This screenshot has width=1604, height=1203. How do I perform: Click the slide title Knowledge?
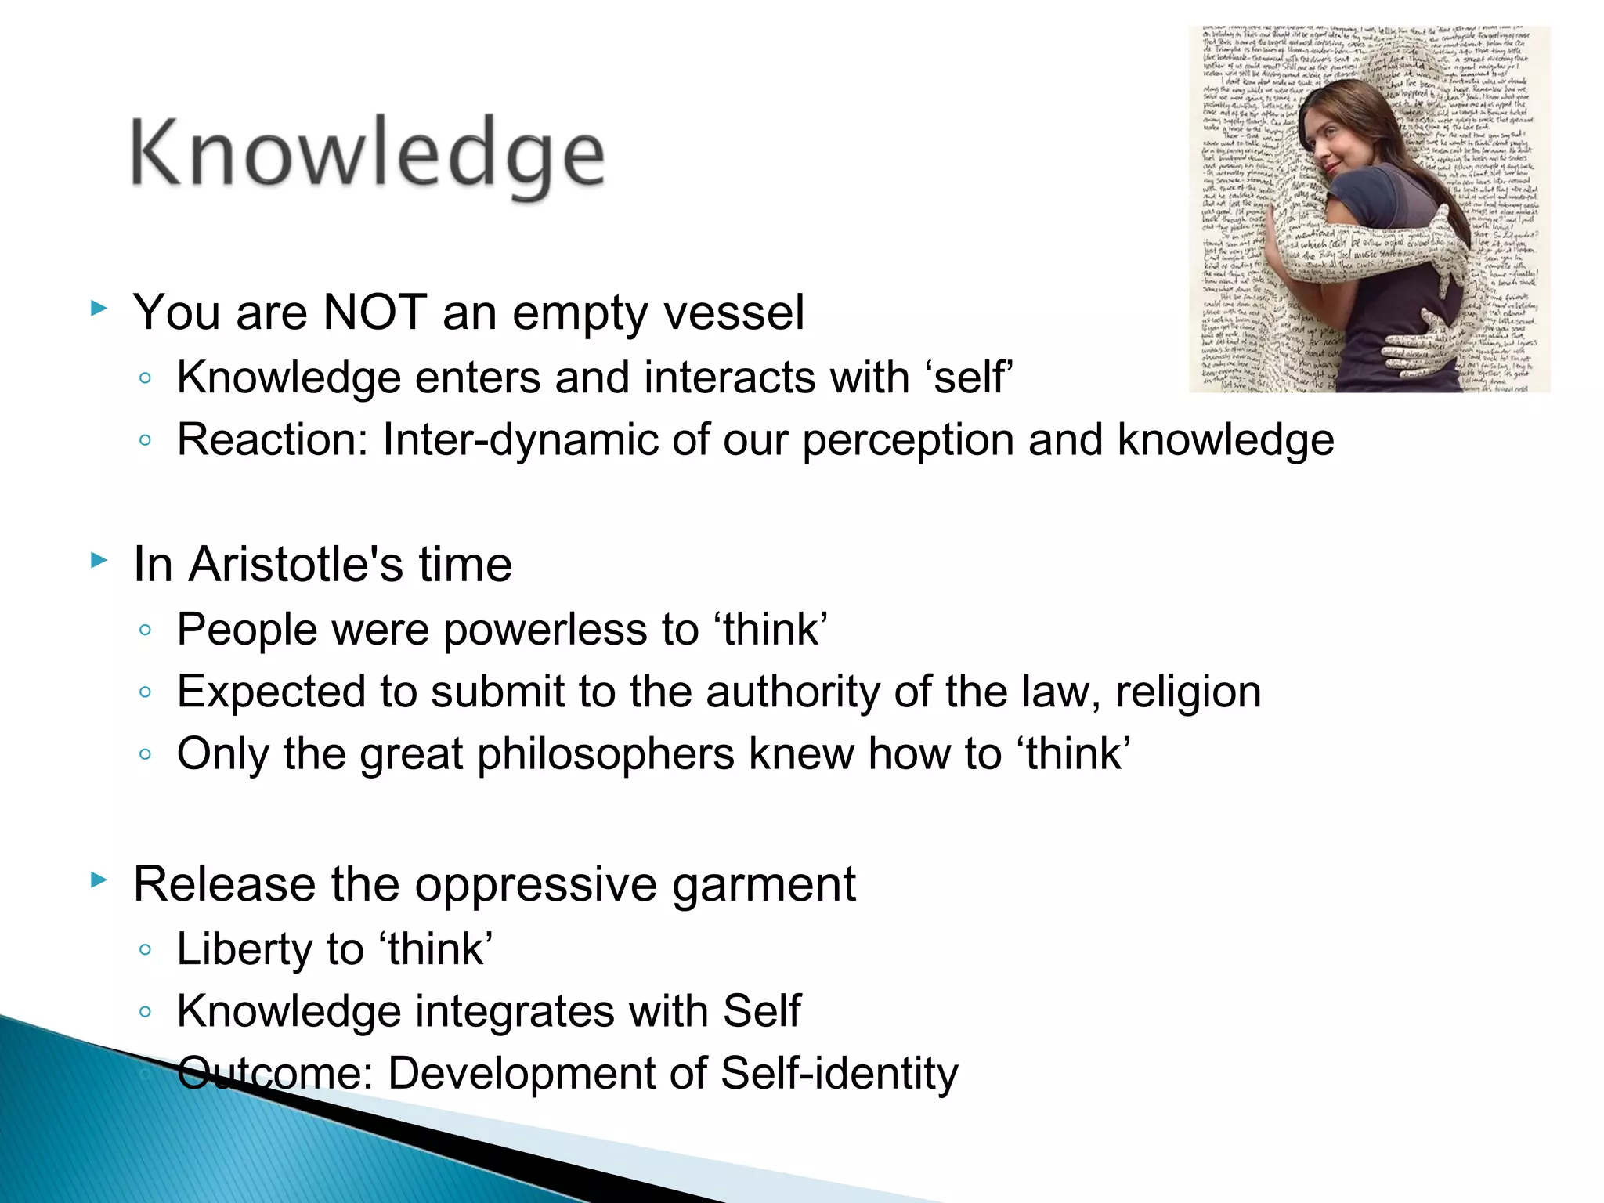pos(367,154)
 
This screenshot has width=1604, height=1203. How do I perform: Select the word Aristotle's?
pos(295,564)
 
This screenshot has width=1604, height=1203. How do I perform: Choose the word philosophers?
pos(605,755)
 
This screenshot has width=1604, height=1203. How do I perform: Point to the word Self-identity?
pos(839,1073)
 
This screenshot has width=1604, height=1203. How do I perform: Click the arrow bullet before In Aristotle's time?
pos(99,560)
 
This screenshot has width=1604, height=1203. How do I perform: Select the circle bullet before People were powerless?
pos(145,630)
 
